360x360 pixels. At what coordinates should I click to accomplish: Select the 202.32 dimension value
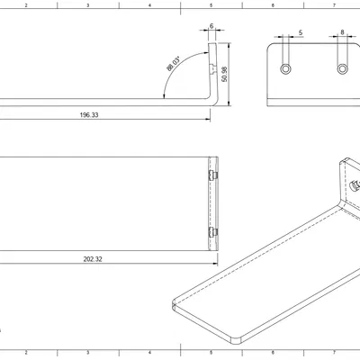tap(93, 258)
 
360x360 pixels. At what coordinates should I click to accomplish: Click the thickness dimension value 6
tap(211, 26)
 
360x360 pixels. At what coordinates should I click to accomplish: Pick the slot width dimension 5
tap(300, 32)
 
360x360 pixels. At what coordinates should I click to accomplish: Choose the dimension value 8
tap(343, 32)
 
